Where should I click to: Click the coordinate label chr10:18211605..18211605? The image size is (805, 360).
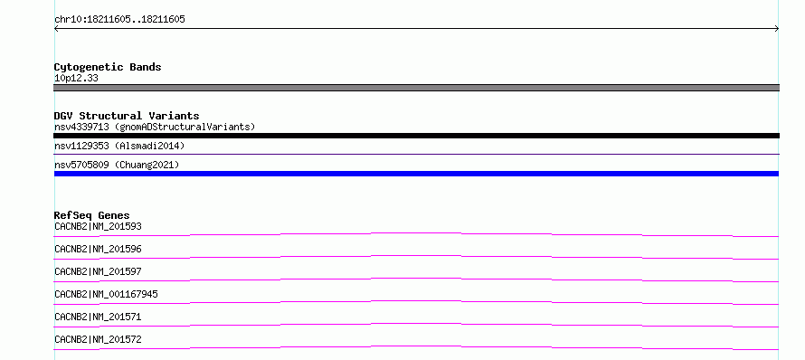coord(119,20)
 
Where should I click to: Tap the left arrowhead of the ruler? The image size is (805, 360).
coord(55,29)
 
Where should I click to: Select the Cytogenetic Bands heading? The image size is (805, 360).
coord(108,67)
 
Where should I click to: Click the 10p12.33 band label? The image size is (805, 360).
coord(76,79)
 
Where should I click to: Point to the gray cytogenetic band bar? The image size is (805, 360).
coord(416,88)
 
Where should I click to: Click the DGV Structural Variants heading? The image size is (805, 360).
coord(127,116)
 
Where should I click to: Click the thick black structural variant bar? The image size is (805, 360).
coord(416,136)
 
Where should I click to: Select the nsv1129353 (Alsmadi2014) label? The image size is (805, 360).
coord(119,146)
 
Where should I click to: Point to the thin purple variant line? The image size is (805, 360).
coord(416,154)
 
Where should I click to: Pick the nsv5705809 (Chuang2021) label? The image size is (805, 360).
coord(117,165)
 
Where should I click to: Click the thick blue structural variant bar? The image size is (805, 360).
coord(416,174)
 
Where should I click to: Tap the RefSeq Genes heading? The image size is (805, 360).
coord(92,215)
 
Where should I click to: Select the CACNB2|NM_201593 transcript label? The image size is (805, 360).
coord(98,226)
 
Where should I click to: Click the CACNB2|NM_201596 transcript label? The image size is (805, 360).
coord(98,249)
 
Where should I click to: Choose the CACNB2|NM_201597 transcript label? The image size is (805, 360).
coord(98,271)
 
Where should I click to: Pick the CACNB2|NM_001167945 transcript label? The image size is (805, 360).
coord(106,294)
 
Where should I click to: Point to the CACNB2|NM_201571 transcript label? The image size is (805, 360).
coord(98,317)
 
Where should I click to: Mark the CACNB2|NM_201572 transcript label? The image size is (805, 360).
coord(98,339)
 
